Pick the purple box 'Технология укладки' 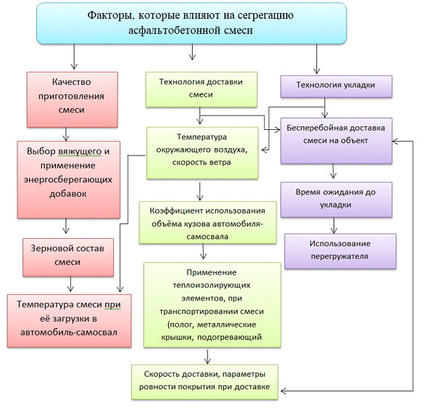point(336,86)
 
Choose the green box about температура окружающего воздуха point(202,152)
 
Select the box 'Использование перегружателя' point(339,250)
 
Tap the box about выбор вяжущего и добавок point(67,173)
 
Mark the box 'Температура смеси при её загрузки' point(69,320)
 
